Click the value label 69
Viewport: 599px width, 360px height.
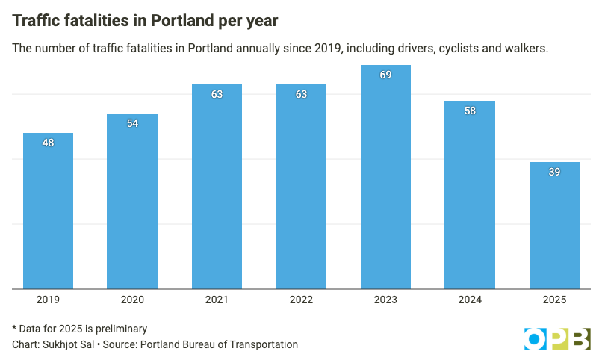385,75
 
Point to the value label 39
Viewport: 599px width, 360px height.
554,172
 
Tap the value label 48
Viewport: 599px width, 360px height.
48,143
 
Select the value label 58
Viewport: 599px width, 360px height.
470,111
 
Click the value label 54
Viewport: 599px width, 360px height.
132,123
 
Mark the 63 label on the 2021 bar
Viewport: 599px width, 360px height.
217,94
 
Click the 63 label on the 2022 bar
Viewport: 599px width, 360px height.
301,94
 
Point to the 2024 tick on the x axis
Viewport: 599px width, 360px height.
470,300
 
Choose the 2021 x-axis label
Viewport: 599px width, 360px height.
217,300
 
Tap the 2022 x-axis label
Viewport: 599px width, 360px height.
301,300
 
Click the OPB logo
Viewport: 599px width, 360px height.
556,338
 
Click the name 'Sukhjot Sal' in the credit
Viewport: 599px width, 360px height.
65,344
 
